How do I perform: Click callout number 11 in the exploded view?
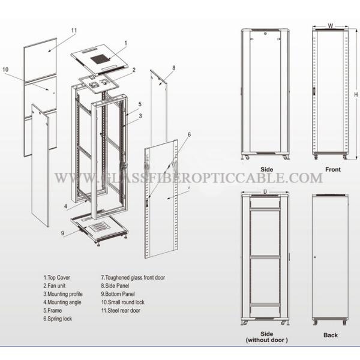coord(74,31)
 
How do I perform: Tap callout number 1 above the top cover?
coord(126,43)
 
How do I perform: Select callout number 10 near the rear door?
coord(5,70)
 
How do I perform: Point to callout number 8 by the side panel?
coord(174,68)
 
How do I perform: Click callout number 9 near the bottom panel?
coord(62,233)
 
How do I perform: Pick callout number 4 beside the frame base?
coord(65,206)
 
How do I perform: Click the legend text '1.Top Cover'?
coord(57,278)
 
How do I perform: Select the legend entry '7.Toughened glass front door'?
coord(133,278)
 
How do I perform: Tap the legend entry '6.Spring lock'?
coord(58,319)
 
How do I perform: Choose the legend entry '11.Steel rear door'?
coord(121,310)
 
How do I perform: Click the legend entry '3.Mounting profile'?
coord(63,294)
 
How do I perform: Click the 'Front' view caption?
coord(333,169)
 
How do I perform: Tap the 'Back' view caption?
coord(331,335)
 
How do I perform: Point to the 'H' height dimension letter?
coord(356,94)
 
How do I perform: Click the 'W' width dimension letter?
coord(331,25)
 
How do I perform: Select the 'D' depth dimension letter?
coord(265,191)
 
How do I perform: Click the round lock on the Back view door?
coord(315,257)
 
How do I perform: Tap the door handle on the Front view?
coord(314,92)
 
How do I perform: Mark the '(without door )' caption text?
coord(266,340)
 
